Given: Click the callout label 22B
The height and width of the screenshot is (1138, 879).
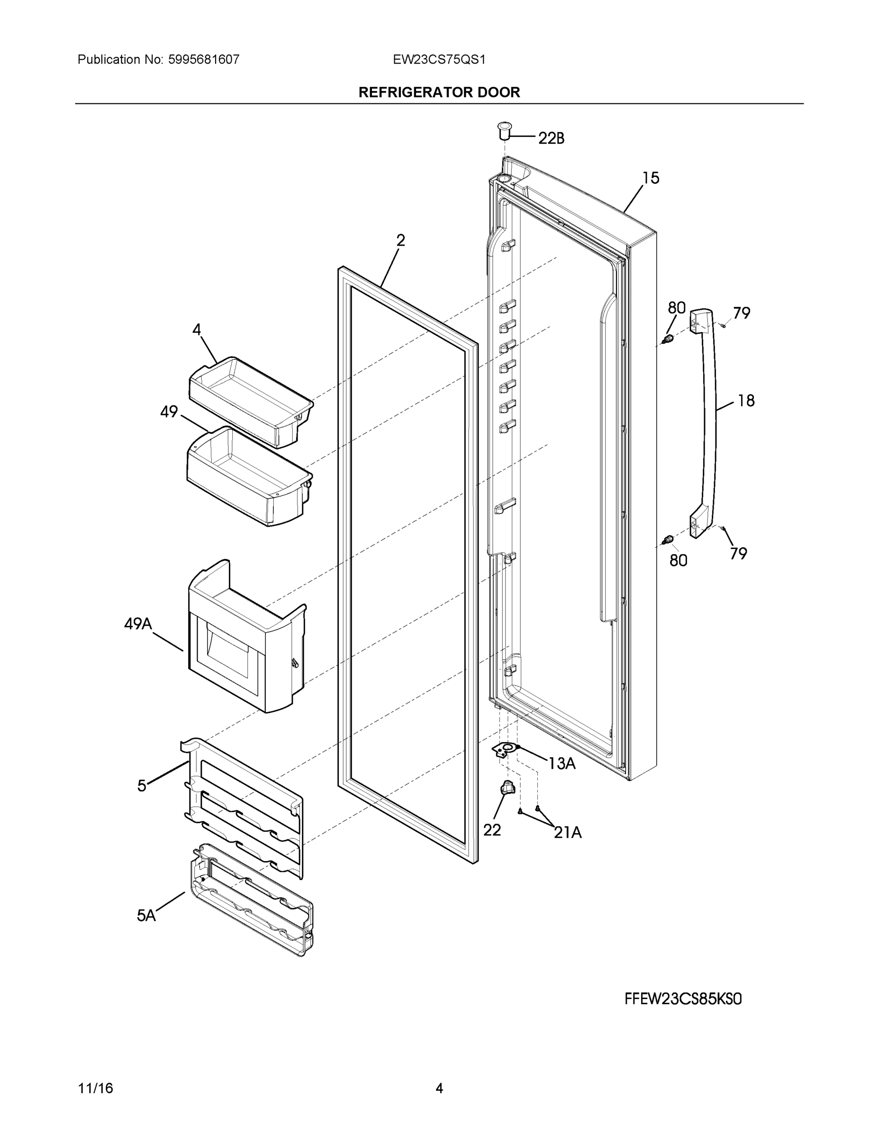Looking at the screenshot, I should (x=551, y=138).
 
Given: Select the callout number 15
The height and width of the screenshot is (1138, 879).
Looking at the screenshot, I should (x=651, y=178).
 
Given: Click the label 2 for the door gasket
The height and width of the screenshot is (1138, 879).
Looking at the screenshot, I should (x=400, y=240).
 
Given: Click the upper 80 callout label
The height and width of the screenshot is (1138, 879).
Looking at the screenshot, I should (x=677, y=308).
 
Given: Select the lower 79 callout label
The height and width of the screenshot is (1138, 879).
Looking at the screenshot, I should (x=738, y=553).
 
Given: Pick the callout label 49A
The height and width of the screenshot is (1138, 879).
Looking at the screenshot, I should (x=138, y=623).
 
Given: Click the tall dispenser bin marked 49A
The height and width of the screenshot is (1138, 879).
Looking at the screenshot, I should (x=245, y=641).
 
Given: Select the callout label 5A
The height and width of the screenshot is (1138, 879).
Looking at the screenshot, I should (x=146, y=916).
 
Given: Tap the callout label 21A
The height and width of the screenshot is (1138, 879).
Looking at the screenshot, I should (x=567, y=833).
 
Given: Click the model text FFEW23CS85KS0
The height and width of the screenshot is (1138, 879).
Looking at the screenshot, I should (x=683, y=1000).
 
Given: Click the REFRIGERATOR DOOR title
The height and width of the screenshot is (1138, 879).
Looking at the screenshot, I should (x=439, y=92).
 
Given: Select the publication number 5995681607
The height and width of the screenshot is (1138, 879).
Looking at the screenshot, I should (x=204, y=59).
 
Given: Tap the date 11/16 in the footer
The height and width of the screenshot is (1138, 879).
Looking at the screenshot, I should (x=95, y=1089).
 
